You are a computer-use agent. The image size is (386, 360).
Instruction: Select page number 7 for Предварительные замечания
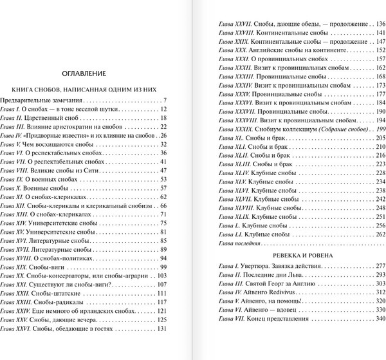165,100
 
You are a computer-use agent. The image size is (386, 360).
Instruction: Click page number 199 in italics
379,129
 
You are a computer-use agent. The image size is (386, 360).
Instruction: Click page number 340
378,320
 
